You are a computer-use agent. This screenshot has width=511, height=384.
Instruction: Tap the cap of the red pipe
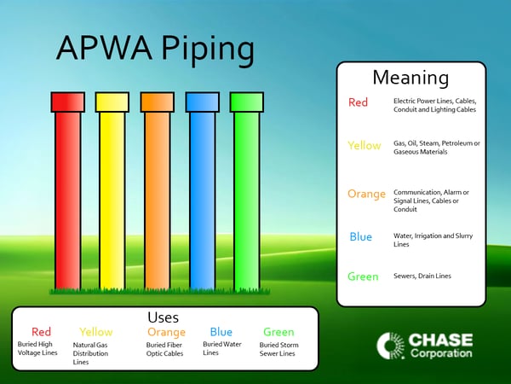coord(67,102)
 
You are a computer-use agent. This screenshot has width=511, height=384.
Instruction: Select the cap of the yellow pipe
coord(112,102)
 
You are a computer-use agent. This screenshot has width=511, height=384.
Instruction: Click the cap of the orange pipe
coord(158,102)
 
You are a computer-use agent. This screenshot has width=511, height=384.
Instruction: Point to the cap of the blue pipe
coord(202,102)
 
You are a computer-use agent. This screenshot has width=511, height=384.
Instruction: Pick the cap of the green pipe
coord(247,102)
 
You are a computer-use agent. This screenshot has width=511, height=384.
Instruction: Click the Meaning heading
coord(411,78)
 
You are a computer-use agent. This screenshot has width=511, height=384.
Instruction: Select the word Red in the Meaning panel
coord(358,103)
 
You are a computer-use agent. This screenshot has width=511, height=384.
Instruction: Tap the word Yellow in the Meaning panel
coord(364,146)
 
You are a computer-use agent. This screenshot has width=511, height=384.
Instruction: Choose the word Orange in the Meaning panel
coord(366,194)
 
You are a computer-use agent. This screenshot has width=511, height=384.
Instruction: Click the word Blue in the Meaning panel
coord(360,236)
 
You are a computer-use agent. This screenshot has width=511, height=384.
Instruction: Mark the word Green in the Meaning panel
coord(363,276)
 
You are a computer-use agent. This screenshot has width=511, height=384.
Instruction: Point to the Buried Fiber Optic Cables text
coord(165,348)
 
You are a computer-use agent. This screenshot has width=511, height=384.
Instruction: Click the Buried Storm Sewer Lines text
coord(278,348)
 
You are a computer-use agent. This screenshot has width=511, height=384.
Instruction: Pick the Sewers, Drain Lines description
coord(422,276)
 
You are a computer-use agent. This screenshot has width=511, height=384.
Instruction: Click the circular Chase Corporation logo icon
coord(390,346)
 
